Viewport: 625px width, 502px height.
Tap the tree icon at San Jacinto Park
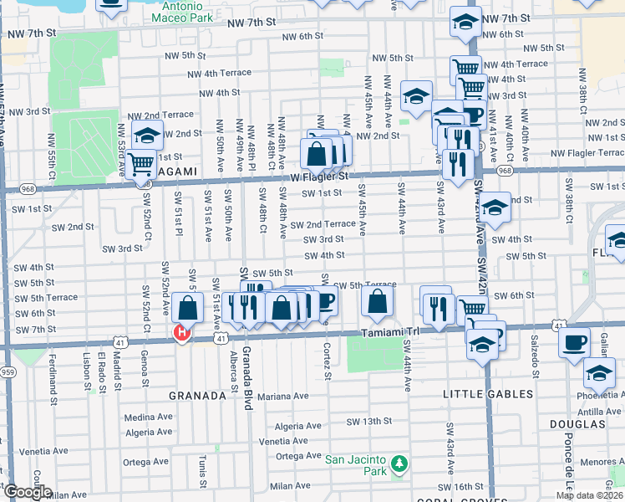[399, 462]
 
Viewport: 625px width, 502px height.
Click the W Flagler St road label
[319, 177]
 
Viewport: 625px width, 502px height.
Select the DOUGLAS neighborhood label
[596, 425]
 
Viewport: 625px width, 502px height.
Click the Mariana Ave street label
[283, 396]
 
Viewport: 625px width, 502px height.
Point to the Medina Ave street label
[147, 417]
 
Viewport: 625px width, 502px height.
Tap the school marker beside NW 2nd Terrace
[146, 135]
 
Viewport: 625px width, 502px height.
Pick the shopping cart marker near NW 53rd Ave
[140, 165]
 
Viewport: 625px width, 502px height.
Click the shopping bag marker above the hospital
[188, 308]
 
